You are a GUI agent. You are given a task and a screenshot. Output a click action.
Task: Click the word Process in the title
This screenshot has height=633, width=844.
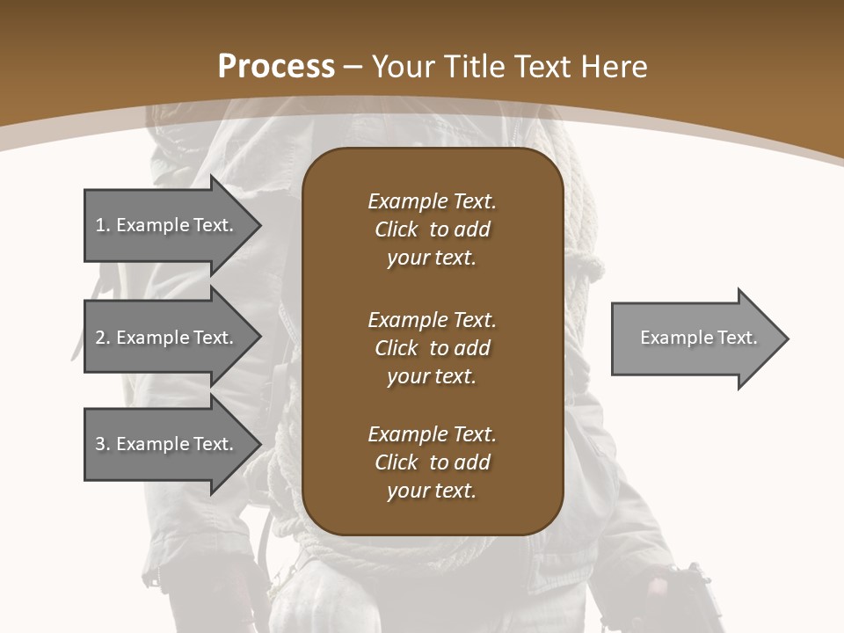point(276,66)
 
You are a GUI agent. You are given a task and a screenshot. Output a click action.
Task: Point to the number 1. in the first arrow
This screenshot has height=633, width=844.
point(103,225)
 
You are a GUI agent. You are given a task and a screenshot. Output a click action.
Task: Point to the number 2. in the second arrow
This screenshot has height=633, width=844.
point(103,338)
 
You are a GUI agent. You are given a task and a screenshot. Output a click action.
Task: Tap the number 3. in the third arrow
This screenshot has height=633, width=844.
point(103,444)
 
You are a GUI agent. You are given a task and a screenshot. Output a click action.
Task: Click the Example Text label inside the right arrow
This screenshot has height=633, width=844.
point(698,338)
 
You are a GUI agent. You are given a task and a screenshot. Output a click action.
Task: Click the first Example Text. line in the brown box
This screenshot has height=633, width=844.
point(432,201)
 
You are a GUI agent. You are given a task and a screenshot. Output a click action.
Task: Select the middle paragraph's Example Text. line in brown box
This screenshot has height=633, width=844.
point(432,319)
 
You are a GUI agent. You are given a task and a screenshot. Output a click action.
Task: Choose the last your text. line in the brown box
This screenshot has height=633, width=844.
point(432,491)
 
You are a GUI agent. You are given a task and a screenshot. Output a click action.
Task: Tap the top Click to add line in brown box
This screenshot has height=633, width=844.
point(432,229)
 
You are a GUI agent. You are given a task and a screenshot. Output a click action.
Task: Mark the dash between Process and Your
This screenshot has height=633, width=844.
point(353,66)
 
